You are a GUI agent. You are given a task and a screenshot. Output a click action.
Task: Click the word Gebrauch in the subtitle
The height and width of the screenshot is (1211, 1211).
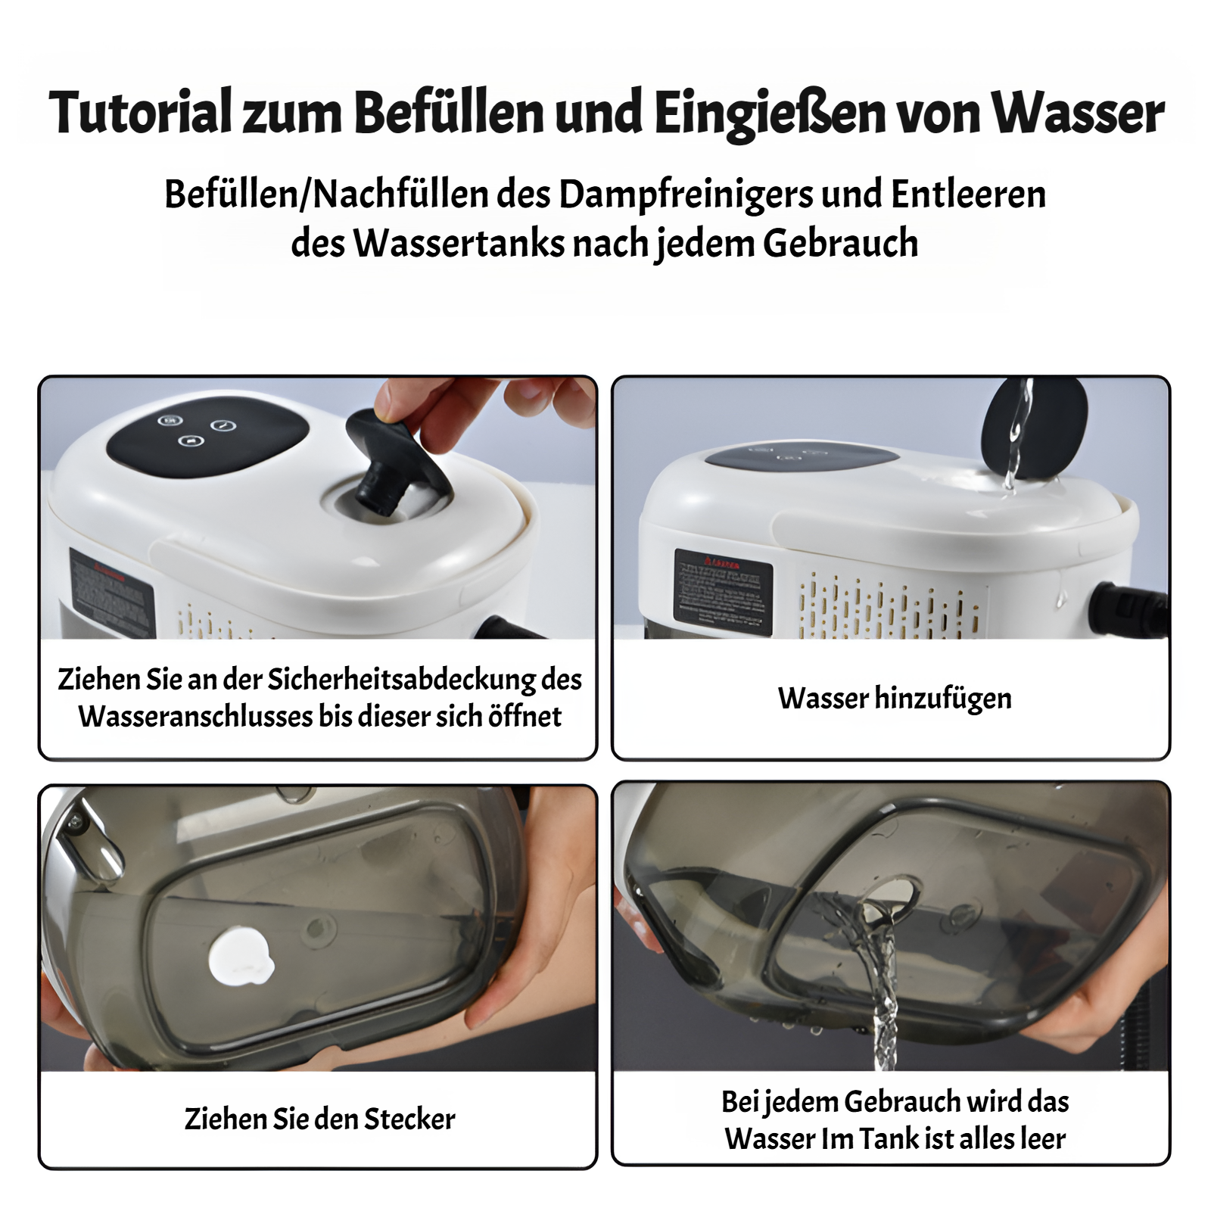(x=840, y=244)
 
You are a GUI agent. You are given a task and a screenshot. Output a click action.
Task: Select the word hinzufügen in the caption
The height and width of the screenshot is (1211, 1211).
(x=942, y=698)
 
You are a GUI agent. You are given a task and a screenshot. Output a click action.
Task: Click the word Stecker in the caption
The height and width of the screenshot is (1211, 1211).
(x=409, y=1119)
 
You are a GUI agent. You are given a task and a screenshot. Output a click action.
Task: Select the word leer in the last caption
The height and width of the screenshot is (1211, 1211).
(x=1042, y=1138)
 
